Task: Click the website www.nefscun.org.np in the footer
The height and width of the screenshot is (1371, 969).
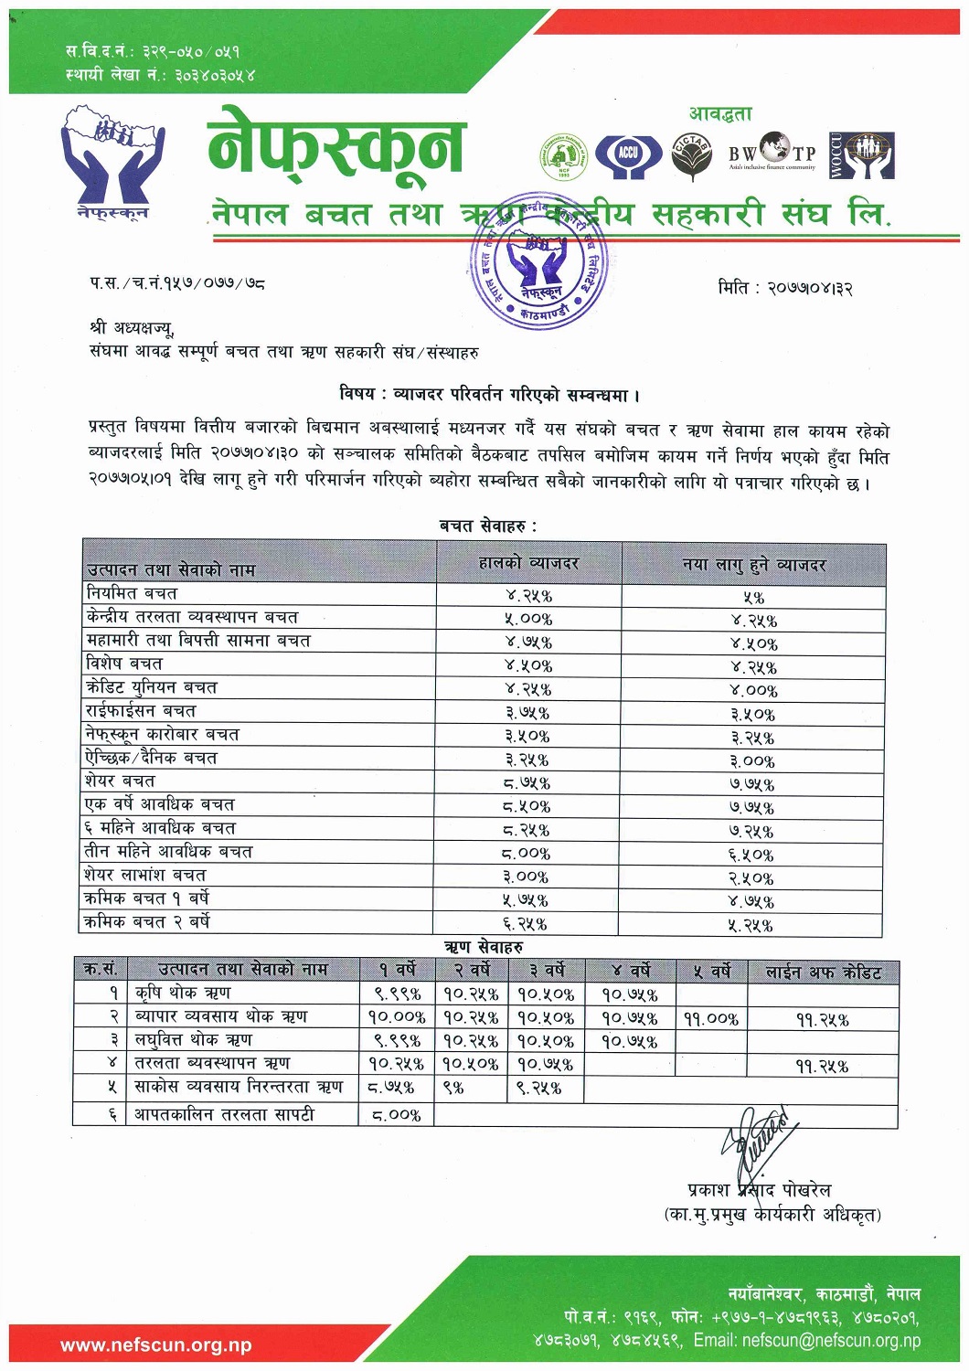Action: [156, 1345]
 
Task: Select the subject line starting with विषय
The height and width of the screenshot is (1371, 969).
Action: [489, 395]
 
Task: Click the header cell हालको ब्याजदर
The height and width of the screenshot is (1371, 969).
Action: [528, 564]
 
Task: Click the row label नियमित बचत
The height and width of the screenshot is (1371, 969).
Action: [132, 594]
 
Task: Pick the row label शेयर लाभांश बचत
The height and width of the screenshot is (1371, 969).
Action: [145, 876]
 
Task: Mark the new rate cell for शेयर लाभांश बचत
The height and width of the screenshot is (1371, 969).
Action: [751, 878]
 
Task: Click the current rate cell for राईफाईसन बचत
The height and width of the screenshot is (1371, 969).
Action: [527, 713]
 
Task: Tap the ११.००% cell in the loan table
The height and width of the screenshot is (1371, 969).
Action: [710, 1018]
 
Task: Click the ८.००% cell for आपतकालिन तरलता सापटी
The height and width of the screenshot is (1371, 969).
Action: [396, 1115]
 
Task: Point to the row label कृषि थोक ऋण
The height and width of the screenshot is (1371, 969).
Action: [182, 994]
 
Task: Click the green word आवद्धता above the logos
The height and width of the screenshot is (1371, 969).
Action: [720, 114]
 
